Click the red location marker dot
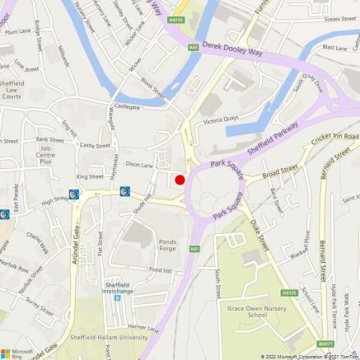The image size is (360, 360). pyautogui.click(x=180, y=180)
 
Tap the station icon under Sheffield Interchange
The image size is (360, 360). pyautogui.click(x=117, y=299)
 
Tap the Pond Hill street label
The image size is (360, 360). pyautogui.click(x=160, y=270)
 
